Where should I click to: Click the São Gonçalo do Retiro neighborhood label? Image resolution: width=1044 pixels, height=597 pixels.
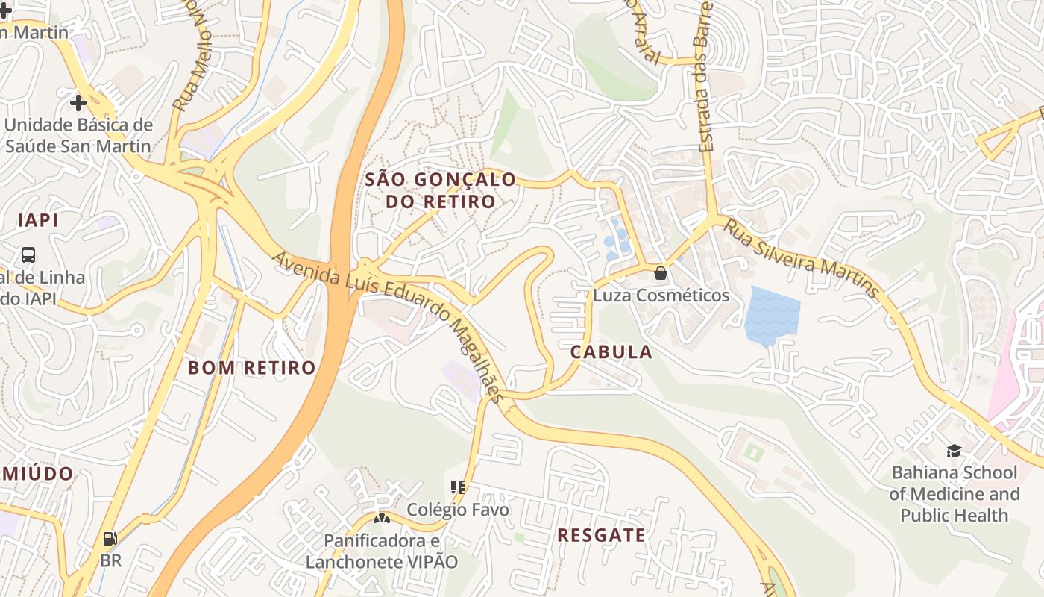440,190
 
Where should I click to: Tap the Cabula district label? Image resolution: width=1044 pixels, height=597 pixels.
611,352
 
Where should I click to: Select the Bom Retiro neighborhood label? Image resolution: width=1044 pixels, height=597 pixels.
251,368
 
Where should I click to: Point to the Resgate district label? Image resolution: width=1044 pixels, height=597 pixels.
601,535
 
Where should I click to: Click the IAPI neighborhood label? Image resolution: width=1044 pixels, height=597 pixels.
38,220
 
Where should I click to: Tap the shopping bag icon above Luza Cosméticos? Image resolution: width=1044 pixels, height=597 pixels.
660,273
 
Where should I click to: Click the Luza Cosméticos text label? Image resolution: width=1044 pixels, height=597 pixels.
661,296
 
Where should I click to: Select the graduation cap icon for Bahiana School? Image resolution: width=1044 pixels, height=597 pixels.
954,450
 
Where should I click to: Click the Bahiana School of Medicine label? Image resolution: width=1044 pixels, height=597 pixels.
954,493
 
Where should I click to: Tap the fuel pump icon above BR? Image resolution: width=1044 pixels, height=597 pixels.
110,538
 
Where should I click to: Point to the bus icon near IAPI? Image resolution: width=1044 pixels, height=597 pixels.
28,255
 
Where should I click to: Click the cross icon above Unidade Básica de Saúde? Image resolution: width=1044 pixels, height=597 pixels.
78,102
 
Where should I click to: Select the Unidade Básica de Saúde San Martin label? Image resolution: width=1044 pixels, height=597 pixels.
78,135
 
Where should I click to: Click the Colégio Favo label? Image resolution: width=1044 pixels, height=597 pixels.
458,510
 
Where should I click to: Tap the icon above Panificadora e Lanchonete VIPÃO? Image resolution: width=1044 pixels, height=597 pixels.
382,518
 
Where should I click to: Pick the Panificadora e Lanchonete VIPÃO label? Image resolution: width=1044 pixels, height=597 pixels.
382,551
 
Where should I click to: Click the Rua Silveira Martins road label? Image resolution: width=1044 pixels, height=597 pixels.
801,257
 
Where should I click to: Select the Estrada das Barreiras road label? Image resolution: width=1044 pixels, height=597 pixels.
705,75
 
